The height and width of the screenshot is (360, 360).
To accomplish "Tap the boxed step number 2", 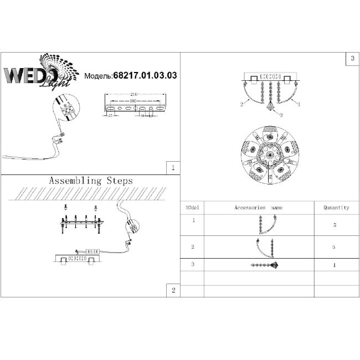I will [x=173, y=290].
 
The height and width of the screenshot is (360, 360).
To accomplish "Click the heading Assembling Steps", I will [x=91, y=181].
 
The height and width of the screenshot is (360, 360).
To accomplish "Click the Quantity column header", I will [x=336, y=208].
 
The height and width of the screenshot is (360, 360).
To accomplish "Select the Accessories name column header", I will [x=258, y=208].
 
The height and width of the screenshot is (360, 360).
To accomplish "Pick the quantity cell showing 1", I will [x=335, y=265].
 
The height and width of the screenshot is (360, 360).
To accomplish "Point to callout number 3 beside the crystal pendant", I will [x=281, y=115].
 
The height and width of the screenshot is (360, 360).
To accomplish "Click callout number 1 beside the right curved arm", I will [x=299, y=104].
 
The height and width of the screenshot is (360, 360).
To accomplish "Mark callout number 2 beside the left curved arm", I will [x=241, y=104].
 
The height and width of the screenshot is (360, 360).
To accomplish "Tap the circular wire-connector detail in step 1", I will [x=67, y=110].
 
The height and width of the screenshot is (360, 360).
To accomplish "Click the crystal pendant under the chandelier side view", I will [x=270, y=106].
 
